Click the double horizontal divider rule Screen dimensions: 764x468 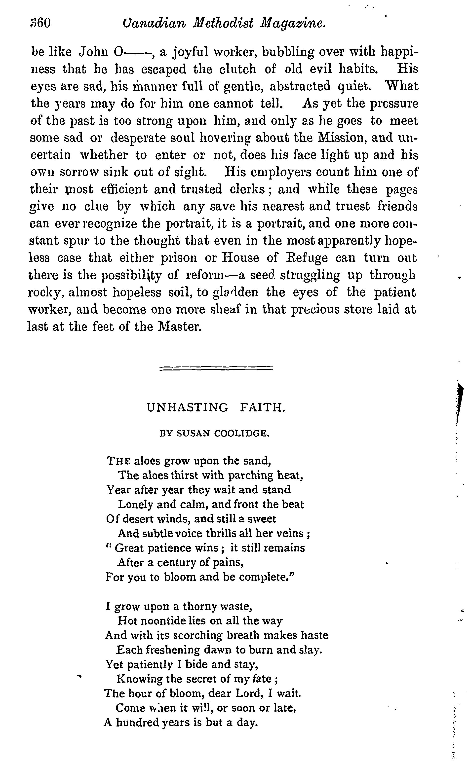coord(216,368)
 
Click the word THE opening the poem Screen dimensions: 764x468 coord(118,461)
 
